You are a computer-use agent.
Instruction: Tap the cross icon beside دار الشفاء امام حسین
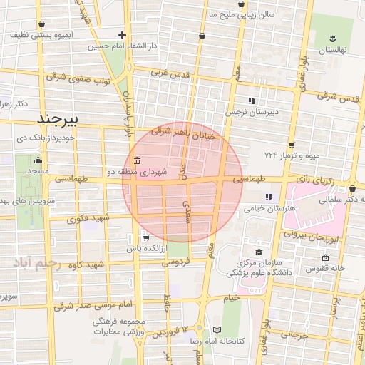point(123,34)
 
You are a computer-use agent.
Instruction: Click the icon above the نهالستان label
point(332,37)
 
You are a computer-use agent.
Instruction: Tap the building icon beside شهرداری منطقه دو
point(136,160)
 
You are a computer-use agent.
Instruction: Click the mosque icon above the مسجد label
point(38,159)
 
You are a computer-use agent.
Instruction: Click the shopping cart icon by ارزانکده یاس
point(145,238)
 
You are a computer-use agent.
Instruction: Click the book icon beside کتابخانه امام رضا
point(217,329)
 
